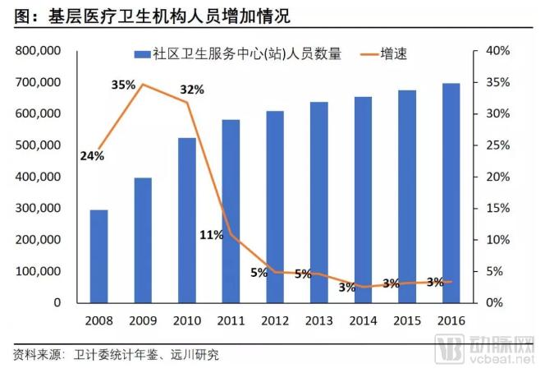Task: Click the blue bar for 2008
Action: coord(98,256)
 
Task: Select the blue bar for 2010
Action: coord(187,220)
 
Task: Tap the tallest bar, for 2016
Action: coord(451,193)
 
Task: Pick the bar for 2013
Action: coord(319,202)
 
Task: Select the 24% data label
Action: coord(92,155)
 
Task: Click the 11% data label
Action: coord(211,235)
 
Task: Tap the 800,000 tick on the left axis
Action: coord(39,51)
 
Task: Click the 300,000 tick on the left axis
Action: coord(39,208)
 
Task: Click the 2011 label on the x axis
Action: coord(231,320)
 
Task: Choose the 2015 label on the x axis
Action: coord(407,320)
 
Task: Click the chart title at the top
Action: coord(156,15)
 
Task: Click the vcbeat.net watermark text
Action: coord(501,359)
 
